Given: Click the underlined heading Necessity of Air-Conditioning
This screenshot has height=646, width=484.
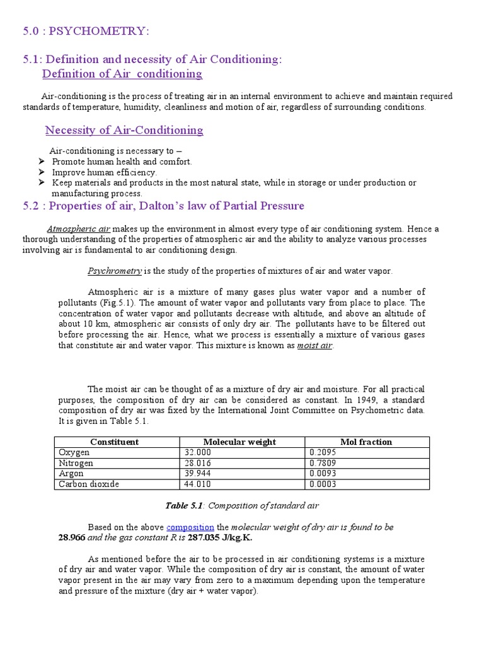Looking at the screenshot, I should (124, 130).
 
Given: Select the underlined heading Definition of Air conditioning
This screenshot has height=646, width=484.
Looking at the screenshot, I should (122, 74).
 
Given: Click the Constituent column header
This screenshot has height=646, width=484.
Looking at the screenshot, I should (114, 442).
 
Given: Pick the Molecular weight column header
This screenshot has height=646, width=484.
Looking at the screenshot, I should (239, 442).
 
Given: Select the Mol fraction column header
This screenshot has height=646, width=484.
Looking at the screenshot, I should (366, 442).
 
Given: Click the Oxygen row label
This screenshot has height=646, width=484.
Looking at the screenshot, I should (74, 452).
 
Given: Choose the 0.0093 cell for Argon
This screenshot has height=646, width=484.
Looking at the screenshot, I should (323, 473).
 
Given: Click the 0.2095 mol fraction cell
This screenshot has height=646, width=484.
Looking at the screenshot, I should (323, 452).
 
